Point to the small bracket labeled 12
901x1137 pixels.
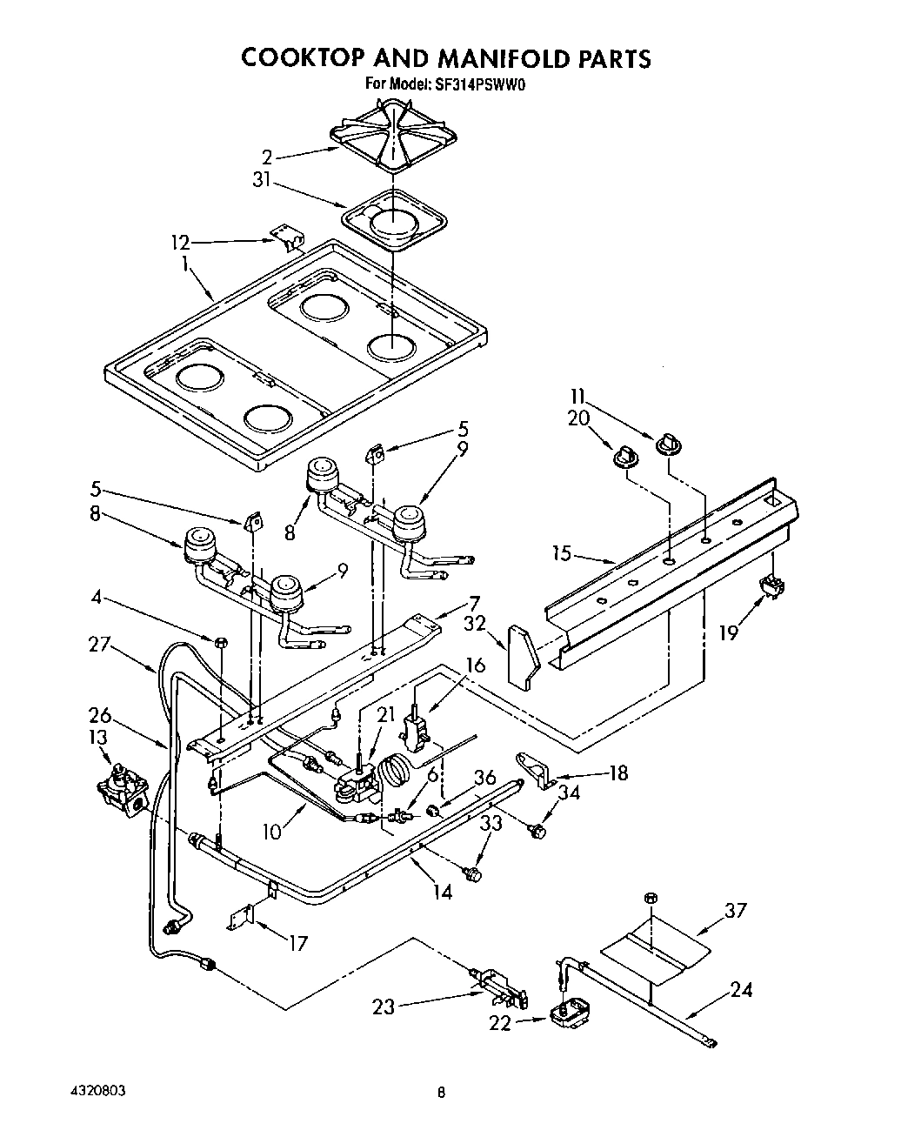pyautogui.click(x=285, y=236)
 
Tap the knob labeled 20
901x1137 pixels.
pyautogui.click(x=624, y=457)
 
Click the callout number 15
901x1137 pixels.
pyautogui.click(x=563, y=553)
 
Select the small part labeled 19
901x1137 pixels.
pyautogui.click(x=768, y=588)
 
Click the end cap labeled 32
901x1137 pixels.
pyautogui.click(x=524, y=657)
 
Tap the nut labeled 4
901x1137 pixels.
pyautogui.click(x=221, y=642)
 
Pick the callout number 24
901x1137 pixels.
pyautogui.click(x=742, y=989)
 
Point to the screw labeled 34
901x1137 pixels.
pyautogui.click(x=537, y=832)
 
